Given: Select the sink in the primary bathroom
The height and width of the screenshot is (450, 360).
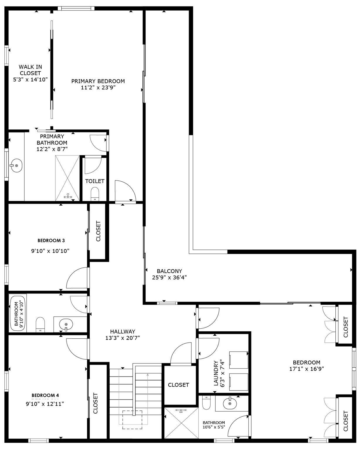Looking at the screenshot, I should pos(16,166).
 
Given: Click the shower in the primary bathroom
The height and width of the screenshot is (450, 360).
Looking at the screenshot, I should pos(67,178).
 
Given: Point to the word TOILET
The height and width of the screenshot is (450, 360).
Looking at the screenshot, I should pos(95,181).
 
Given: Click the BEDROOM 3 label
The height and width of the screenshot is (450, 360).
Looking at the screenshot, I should pos(51,241).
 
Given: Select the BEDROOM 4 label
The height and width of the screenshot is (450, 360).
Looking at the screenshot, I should pos(45,395).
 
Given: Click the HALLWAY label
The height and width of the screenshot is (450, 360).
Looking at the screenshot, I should pos(123,332).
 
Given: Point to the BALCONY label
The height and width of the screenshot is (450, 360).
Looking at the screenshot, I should pos(169,271).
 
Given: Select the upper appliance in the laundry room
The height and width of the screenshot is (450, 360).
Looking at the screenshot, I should pos(239,360).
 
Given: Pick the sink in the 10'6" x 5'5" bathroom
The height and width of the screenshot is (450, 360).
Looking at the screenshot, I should pos(230,404).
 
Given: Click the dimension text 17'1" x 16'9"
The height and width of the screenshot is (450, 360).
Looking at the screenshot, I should pos(306,369).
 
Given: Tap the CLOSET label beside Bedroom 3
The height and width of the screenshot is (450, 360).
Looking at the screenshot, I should pos(98,231).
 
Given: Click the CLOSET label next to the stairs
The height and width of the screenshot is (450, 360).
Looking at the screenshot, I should pos(178,385).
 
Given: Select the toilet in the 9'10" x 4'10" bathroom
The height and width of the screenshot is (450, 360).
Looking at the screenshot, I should pos(40,324).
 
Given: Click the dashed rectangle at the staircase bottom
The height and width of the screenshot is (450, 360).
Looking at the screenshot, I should pos(132,420).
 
